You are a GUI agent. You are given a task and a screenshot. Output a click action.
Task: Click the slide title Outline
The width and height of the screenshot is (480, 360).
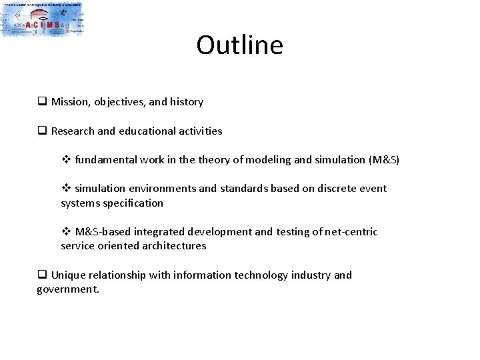239,45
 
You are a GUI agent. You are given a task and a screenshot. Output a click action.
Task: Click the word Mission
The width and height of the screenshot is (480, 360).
69,102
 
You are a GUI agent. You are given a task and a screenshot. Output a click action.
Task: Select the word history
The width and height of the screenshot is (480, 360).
186,102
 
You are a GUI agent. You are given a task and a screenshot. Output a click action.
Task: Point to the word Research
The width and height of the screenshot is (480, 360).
73,131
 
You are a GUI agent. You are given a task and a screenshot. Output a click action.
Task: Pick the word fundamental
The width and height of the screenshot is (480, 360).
107,160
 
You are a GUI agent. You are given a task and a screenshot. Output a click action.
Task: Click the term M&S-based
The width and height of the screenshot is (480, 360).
102,232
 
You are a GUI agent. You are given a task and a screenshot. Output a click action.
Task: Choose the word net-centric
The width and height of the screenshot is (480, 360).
351,232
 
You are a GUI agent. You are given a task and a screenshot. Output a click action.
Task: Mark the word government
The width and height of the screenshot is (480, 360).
67,290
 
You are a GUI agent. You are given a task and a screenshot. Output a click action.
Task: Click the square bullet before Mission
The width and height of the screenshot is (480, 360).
41,102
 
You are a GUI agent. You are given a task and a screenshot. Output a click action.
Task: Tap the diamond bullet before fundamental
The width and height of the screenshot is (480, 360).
65,160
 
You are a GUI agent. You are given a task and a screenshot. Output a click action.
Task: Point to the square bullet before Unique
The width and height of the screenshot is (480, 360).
41,275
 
